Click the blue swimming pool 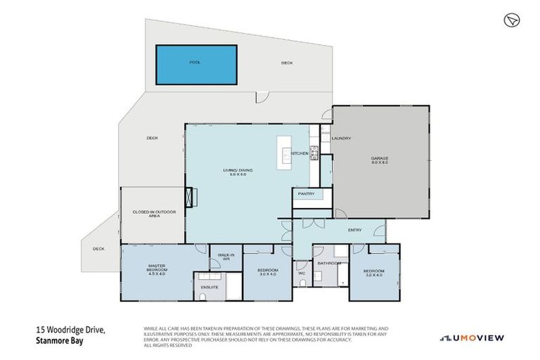pyautogui.click(x=195, y=64)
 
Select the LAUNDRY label pyautogui.click(x=341, y=139)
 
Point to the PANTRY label pyautogui.click(x=306, y=193)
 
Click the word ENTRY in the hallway pyautogui.click(x=355, y=230)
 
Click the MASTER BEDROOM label pyautogui.click(x=156, y=268)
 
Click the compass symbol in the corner pyautogui.click(x=511, y=20)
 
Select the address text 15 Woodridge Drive pyautogui.click(x=68, y=329)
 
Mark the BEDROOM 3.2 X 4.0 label pyautogui.click(x=374, y=273)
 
